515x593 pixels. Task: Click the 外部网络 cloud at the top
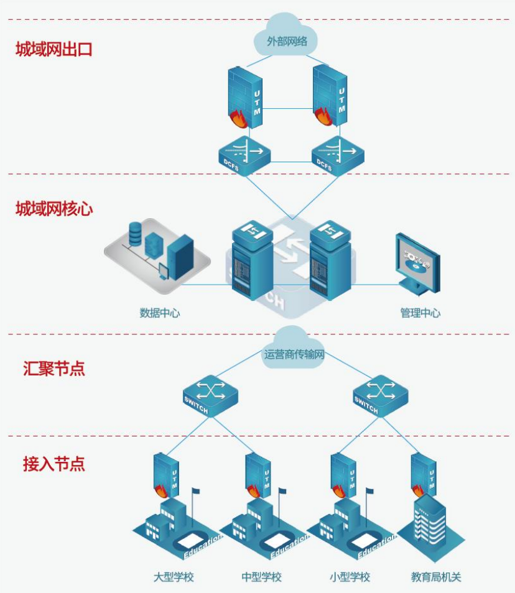pos(285,36)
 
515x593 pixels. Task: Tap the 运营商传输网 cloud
pos(294,350)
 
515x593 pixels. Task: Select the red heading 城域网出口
pos(53,50)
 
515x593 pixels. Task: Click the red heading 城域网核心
pos(53,209)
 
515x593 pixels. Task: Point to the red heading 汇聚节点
pos(53,369)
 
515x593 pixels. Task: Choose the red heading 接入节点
pos(53,464)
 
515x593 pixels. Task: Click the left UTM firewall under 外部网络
pos(245,98)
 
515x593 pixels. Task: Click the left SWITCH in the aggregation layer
pos(210,396)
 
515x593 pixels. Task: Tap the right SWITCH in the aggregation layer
pos(380,396)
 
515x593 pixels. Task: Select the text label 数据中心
pos(160,313)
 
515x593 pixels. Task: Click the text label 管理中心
pos(420,313)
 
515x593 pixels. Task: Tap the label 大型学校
pos(174,577)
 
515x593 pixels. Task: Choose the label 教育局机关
pos(436,577)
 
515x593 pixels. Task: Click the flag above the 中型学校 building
pos(282,491)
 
